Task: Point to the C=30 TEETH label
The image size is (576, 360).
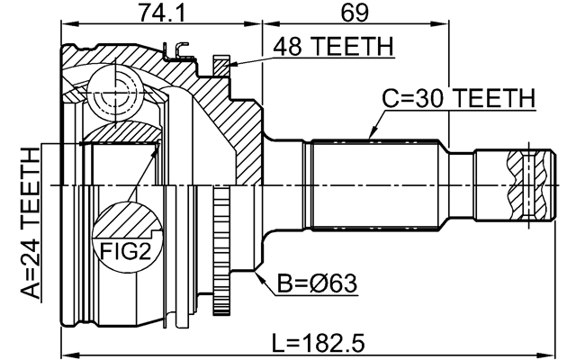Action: (459, 98)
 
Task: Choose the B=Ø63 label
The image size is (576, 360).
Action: (316, 283)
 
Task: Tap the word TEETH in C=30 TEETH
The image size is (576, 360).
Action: (494, 98)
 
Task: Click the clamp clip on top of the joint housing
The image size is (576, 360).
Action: (184, 54)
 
